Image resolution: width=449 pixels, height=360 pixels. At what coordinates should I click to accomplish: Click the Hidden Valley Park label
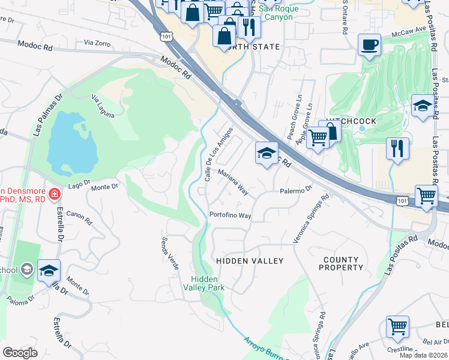click(x=208, y=283)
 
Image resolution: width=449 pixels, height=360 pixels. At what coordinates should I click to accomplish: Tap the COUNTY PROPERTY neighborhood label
click(x=340, y=263)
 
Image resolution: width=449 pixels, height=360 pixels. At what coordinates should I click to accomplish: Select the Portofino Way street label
click(x=230, y=215)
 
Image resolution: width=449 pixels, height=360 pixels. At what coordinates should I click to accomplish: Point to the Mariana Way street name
click(x=233, y=181)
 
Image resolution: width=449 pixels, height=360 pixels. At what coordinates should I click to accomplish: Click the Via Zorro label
click(x=98, y=43)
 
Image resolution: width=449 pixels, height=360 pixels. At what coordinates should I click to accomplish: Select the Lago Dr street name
click(x=79, y=187)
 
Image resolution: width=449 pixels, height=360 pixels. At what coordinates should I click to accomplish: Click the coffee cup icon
click(x=369, y=44)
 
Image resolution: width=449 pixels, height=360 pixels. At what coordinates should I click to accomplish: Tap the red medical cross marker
click(x=55, y=194)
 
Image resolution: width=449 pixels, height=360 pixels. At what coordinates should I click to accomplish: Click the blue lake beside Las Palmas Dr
click(x=71, y=141)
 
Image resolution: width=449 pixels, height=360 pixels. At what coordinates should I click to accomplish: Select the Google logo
click(x=20, y=353)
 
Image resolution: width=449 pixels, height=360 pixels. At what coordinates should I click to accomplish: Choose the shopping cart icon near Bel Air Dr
click(x=397, y=327)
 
